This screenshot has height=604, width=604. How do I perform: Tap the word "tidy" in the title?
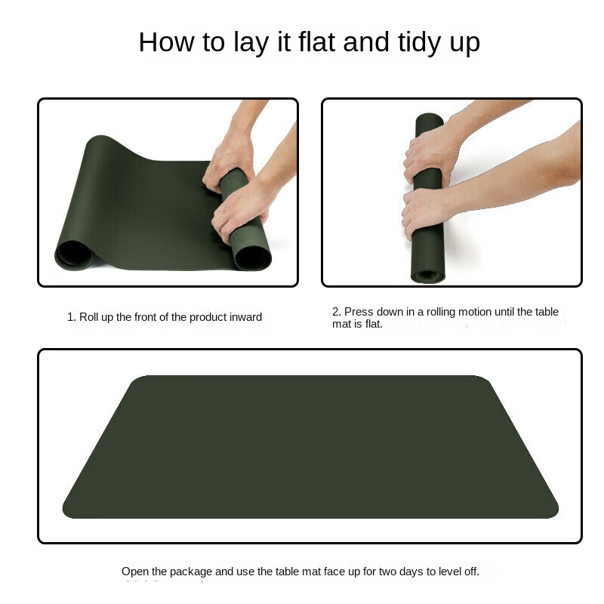419,43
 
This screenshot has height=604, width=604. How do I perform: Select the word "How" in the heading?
166,42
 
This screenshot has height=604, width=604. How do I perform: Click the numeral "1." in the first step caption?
71,317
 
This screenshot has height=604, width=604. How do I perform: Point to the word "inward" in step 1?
245,317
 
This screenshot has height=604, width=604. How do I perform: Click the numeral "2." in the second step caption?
336,312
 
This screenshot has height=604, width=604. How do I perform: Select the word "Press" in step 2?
358,312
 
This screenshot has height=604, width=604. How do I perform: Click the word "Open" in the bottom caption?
135,572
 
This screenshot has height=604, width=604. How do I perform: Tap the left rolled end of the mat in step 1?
73,254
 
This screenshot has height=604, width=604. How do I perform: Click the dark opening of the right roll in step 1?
252,257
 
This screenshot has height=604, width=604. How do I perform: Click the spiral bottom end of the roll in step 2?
427,276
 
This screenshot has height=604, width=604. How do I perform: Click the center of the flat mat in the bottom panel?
310,447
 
